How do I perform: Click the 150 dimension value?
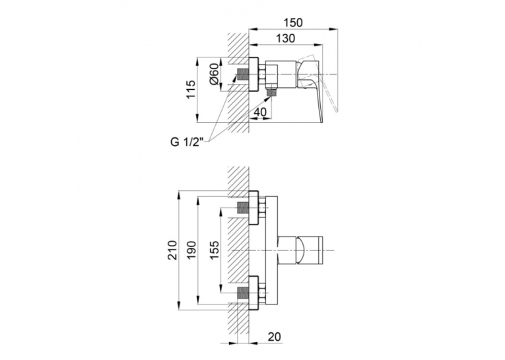(x=293, y=23)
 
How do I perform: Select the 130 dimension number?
(x=285, y=38)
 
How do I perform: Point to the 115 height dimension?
(x=191, y=89)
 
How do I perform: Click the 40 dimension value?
(x=260, y=112)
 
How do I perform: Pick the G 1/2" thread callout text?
(x=187, y=142)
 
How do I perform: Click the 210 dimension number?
(x=173, y=250)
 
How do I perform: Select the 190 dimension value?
(x=191, y=250)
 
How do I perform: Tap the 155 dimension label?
(x=214, y=250)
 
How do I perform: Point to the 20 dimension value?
(x=274, y=337)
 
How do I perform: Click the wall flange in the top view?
(x=253, y=75)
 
